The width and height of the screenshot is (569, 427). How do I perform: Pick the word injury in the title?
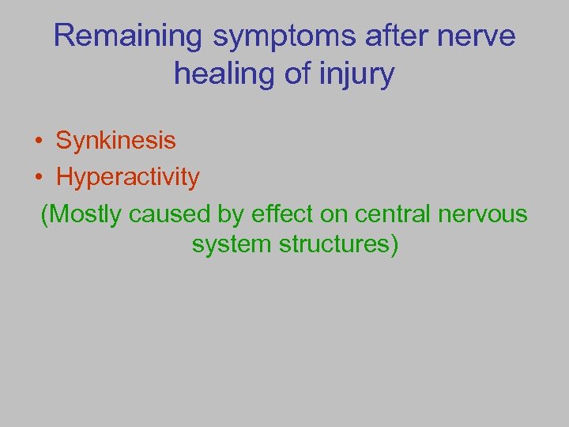coord(356,75)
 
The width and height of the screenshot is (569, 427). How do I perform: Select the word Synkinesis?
coord(115,141)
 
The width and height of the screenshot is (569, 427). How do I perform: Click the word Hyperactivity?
coord(127,177)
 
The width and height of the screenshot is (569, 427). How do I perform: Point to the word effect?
coord(277,214)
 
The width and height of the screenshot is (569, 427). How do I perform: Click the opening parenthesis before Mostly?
coord(45,214)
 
